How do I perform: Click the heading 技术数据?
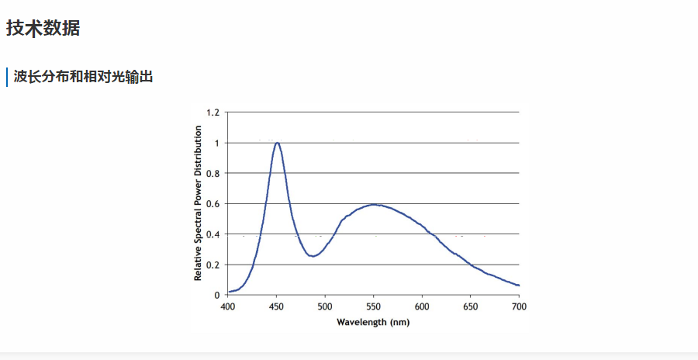coord(43,29)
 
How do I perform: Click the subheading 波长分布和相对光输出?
coord(83,78)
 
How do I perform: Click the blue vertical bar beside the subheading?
coord(7,78)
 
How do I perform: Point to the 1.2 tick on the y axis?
coord(213,112)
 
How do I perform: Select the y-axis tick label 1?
coord(216,143)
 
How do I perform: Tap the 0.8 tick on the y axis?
coord(213,173)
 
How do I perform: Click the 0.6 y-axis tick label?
coord(213,203)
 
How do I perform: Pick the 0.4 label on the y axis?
coord(213,234)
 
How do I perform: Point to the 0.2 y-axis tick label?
coord(213,265)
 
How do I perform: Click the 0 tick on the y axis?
coord(216,295)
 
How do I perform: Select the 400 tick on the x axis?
coord(228,306)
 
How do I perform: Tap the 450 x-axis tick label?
coord(276,306)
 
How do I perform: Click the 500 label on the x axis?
coord(325,306)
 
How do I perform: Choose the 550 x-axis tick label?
coord(374,306)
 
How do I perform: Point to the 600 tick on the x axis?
coord(422,306)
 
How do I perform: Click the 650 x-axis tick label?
coord(471,306)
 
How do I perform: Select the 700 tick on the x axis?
coord(519,306)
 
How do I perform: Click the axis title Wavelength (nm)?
coord(373,322)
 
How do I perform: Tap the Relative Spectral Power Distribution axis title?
coord(198,203)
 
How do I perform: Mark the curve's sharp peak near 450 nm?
coord(277,142)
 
